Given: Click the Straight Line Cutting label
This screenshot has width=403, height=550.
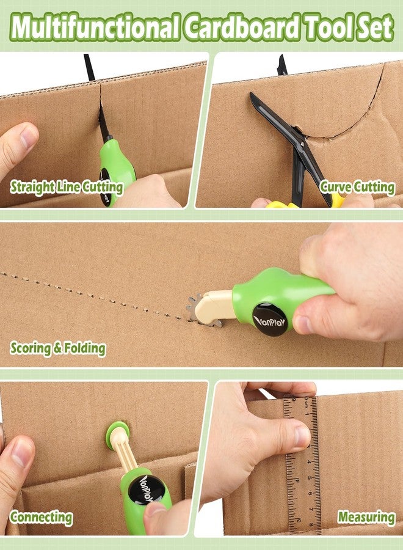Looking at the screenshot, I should click(67, 187).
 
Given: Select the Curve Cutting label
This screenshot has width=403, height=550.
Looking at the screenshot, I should click(357, 187).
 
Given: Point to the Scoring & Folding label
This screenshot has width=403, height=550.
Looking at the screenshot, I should click(58, 349).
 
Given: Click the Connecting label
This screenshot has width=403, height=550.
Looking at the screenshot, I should click(41, 518).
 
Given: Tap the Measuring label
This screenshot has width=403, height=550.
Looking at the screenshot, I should click(366, 518).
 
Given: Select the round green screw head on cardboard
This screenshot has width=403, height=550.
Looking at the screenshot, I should click(117, 433).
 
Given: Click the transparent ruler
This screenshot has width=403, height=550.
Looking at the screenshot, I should click(302, 464).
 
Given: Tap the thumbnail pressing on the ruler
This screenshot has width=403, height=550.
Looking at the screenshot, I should click(303, 436).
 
